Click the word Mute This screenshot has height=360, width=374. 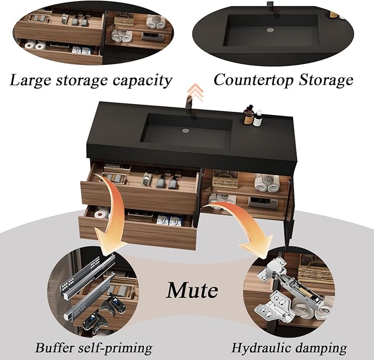click(192, 290)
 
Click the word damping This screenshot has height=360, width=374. click(320, 348)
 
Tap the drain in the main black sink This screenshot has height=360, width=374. click(186, 130)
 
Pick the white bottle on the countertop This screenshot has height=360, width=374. click(258, 118)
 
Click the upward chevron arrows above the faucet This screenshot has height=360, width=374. click(195, 92)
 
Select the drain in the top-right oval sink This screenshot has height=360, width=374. click(270, 30)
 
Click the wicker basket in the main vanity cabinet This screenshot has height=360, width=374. click(225, 180)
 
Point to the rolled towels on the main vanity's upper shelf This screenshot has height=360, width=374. click(267, 183)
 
